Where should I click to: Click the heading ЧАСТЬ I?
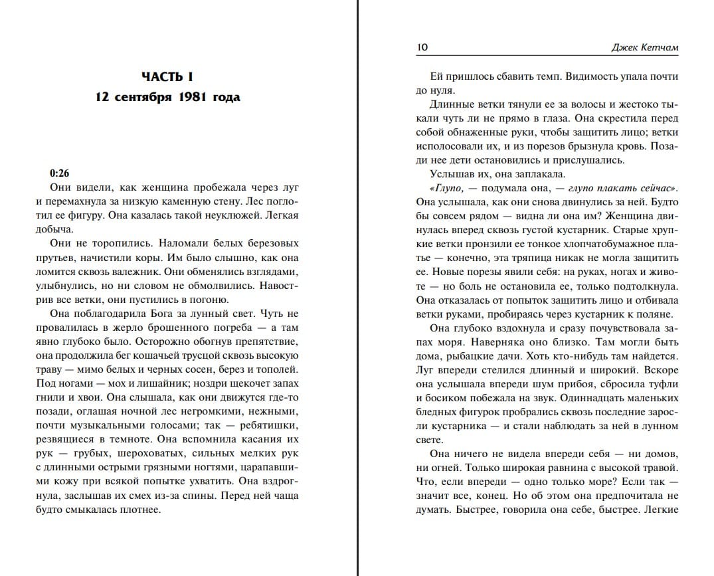[x=167, y=78]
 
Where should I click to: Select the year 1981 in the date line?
[x=193, y=97]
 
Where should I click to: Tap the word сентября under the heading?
[x=140, y=97]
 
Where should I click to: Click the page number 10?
[x=422, y=47]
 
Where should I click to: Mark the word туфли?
[x=662, y=384]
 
